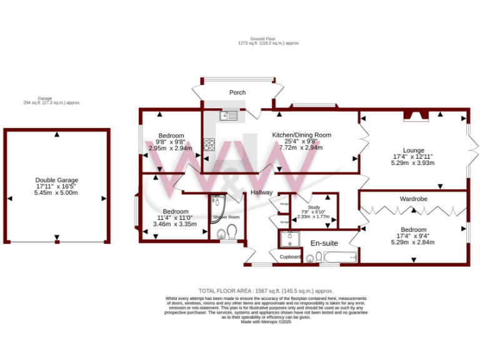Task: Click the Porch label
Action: [237, 92]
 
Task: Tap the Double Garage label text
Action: [56, 180]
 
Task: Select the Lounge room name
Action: [413, 150]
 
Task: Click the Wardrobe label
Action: [413, 199]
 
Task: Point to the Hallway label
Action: [262, 192]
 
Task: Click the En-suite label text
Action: [324, 242]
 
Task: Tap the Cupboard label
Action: [290, 257]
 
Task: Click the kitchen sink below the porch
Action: [229, 115]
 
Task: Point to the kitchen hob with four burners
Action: [209, 145]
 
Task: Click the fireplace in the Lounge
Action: [413, 115]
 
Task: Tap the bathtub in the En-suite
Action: [341, 257]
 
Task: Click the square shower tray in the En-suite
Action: [289, 238]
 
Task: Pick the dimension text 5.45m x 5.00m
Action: [56, 194]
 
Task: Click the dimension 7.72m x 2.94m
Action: [301, 148]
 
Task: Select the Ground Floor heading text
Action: [269, 39]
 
